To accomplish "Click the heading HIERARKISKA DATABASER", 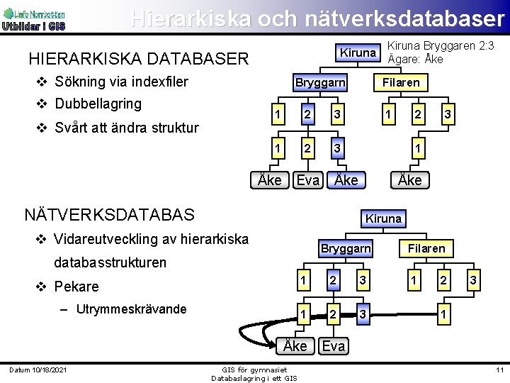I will pyautogui.click(x=138, y=58).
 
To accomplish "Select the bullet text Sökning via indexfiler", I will pyautogui.click(x=120, y=82).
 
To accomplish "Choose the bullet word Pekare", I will pyautogui.click(x=76, y=287).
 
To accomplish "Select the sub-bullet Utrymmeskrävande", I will pyautogui.click(x=131, y=309).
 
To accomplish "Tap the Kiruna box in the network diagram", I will pyautogui.click(x=383, y=218).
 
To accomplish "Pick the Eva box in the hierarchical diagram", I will pyautogui.click(x=307, y=180).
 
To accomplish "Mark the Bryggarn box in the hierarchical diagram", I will pyautogui.click(x=320, y=83).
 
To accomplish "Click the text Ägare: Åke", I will pyautogui.click(x=416, y=59).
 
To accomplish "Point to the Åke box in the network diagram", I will pyautogui.click(x=295, y=345).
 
